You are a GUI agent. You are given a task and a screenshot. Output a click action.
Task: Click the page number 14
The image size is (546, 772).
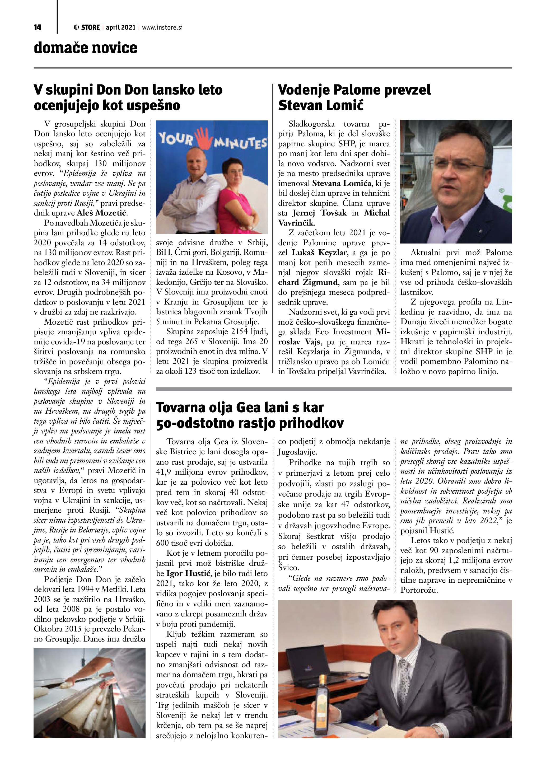pos(37,27)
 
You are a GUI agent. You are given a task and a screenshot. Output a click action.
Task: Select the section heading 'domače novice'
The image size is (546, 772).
pos(85,48)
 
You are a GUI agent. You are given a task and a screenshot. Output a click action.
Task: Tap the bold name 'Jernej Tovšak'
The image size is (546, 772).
pos(319,213)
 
